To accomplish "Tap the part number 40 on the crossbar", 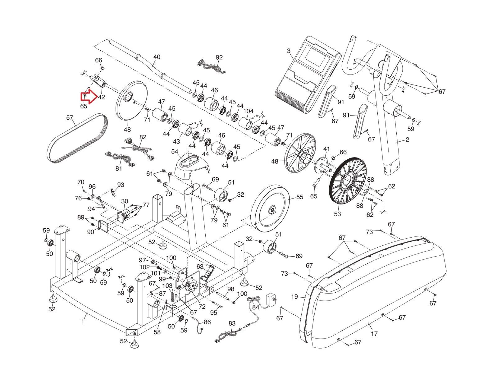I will click(157, 57).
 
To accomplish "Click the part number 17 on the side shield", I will click(374, 334).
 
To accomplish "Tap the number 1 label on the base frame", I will click(83, 322).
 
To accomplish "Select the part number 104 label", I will click(248, 111).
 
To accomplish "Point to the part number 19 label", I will click(294, 297).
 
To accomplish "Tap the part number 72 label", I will click(202, 307).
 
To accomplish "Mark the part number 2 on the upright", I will click(407, 139).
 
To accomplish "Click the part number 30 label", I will click(125, 201).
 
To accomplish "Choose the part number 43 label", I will click(176, 142).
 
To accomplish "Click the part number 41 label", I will click(326, 149).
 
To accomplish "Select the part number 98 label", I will click(230, 289).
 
